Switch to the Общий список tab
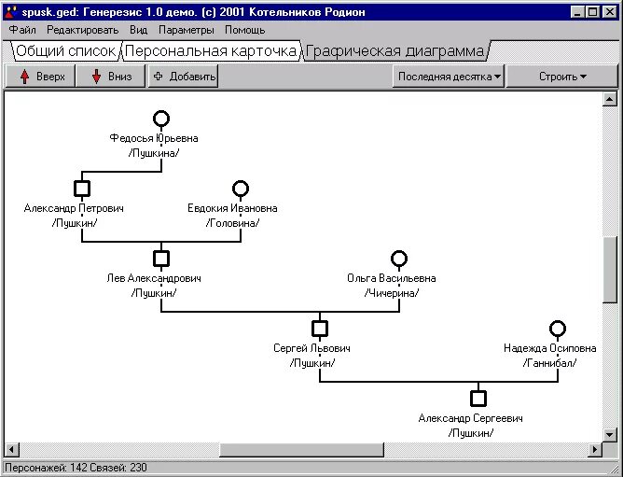65,51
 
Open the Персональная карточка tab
211,51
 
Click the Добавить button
184,77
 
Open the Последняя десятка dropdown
449,77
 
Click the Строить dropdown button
562,77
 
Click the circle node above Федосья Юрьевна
161,119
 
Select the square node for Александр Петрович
82,189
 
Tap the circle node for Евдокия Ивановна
241,189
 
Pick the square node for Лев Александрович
161,259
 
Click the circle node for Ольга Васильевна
399,259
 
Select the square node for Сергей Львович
320,329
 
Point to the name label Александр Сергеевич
470,418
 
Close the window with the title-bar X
608,12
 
